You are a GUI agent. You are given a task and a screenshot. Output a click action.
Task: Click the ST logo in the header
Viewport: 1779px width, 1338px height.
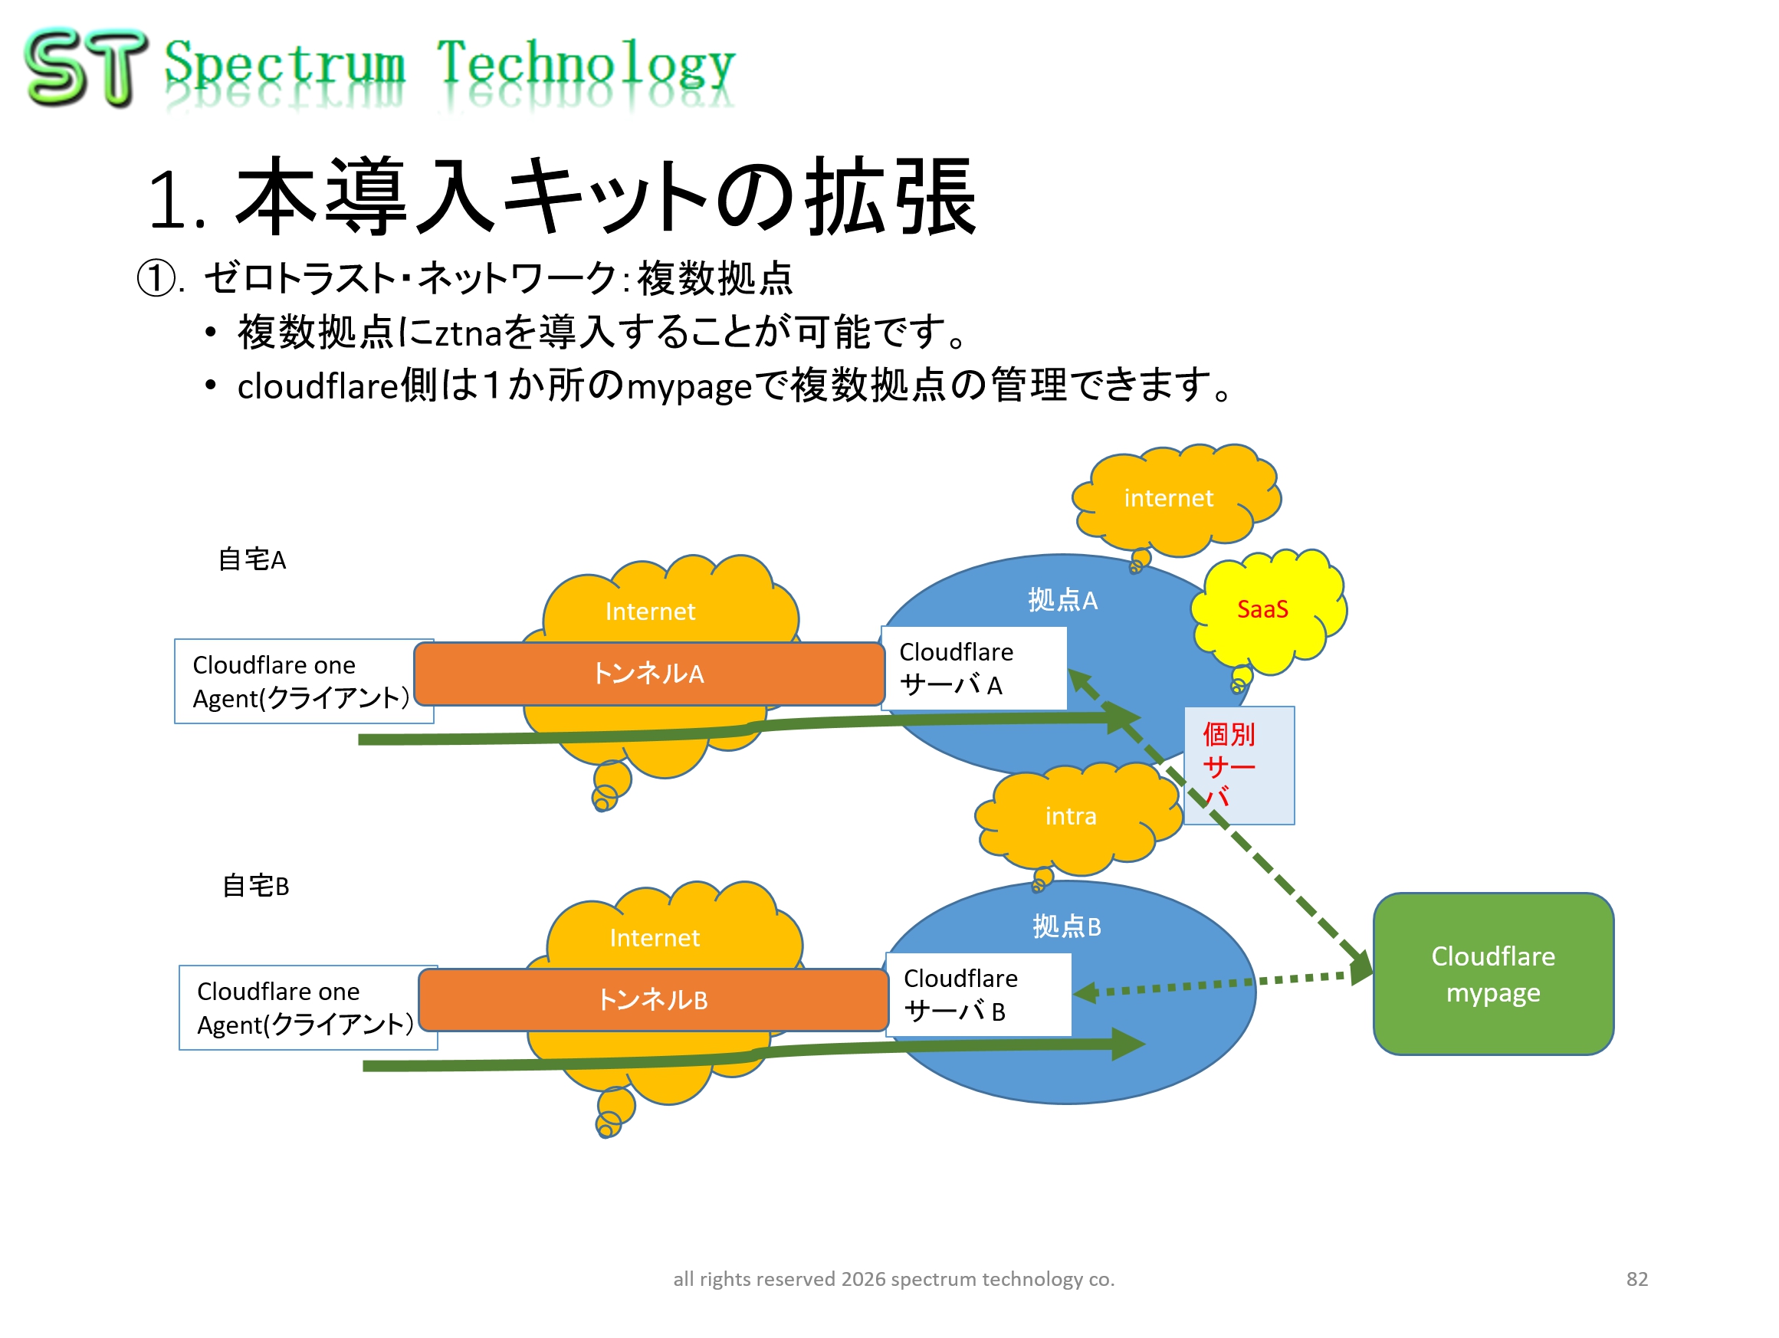(86, 67)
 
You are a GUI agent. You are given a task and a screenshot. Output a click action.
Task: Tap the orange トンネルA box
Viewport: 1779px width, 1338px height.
(649, 674)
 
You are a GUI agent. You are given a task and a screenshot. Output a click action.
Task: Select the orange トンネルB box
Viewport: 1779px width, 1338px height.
(653, 1000)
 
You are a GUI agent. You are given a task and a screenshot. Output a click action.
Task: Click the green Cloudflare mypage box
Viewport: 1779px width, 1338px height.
(1494, 974)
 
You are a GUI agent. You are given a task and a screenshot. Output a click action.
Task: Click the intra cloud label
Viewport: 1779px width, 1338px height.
(1072, 817)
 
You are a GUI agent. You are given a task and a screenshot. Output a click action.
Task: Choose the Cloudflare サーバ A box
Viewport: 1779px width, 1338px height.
(974, 668)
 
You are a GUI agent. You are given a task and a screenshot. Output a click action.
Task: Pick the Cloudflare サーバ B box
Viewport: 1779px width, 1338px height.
(979, 995)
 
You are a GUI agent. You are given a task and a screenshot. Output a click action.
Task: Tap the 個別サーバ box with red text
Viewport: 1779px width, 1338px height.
(1239, 766)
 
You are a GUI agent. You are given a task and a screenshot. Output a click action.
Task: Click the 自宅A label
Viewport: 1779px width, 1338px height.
(251, 559)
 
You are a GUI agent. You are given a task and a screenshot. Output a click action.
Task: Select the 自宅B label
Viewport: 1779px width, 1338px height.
(256, 886)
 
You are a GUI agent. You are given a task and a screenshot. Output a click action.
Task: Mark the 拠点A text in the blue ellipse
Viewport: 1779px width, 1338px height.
(1062, 600)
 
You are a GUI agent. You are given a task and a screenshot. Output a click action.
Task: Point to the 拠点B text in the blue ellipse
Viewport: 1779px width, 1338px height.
(1067, 926)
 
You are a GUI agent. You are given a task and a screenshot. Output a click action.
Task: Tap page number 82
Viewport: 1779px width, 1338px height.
(1636, 1279)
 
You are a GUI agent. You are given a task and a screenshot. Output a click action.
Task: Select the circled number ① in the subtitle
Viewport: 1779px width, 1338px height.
(157, 279)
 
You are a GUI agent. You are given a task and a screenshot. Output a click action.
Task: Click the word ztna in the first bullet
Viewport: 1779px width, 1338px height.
(469, 333)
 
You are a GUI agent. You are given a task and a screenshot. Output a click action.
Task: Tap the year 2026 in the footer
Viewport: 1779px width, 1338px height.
(863, 1279)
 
